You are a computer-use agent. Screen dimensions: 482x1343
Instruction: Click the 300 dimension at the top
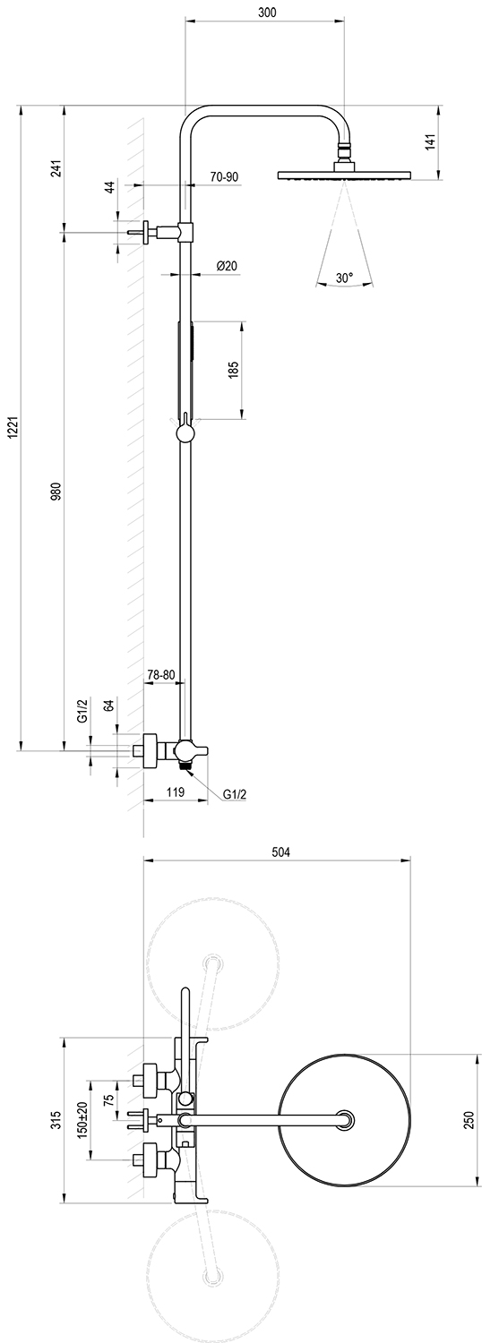(266, 12)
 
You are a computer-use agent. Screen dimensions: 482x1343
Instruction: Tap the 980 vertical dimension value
(56, 490)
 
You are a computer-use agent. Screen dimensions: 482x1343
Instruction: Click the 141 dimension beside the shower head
(429, 142)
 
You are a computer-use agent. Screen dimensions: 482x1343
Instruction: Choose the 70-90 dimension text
(225, 177)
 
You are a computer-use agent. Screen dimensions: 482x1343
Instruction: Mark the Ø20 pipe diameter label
(228, 266)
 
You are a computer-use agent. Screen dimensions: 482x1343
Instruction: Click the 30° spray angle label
(345, 278)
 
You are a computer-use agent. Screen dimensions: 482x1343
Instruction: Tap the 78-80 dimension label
(161, 674)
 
